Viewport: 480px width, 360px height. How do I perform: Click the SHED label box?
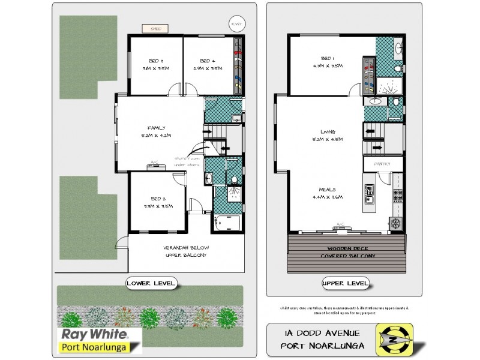pyautogui.click(x=155, y=28)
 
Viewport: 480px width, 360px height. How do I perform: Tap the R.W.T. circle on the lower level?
pyautogui.click(x=236, y=24)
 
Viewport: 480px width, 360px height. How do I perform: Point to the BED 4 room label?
pyautogui.click(x=208, y=65)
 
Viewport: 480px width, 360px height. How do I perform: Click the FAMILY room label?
pyautogui.click(x=157, y=131)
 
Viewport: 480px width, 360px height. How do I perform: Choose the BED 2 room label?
pyautogui.click(x=158, y=202)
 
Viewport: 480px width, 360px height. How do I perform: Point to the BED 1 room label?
pyautogui.click(x=326, y=62)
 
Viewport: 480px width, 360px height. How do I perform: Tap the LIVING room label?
pyautogui.click(x=328, y=135)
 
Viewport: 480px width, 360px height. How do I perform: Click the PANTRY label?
pyautogui.click(x=383, y=163)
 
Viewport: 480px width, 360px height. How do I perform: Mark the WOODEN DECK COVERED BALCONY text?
pyautogui.click(x=352, y=252)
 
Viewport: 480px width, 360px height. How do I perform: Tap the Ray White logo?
pyautogui.click(x=99, y=339)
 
